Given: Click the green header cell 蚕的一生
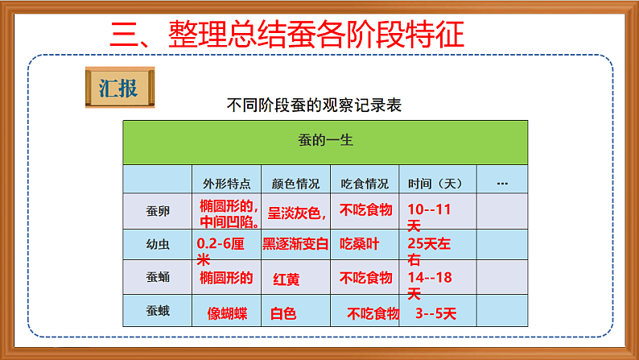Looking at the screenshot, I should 325,141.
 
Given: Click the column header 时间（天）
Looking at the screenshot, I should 435,183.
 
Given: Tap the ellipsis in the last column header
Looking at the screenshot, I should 502,183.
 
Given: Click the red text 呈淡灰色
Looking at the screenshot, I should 296,213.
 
